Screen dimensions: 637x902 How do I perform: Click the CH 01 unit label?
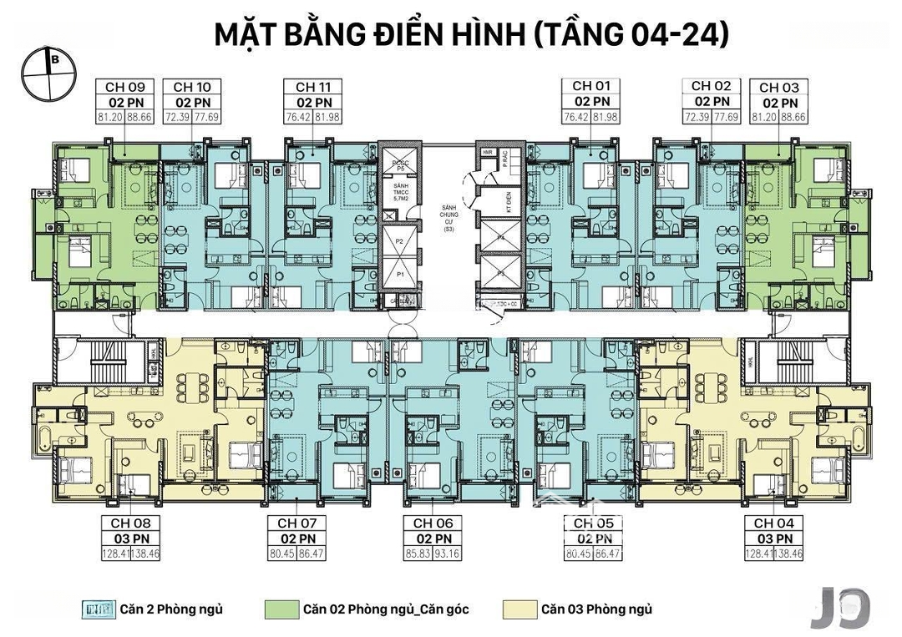point(591,87)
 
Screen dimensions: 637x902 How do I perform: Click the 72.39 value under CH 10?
point(180,117)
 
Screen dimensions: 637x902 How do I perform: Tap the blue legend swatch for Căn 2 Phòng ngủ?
point(99,609)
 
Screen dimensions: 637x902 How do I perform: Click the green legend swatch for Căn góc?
point(281,609)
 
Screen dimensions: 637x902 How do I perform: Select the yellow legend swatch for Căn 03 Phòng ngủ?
point(519,609)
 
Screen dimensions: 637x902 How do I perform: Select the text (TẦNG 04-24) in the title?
point(631,35)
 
